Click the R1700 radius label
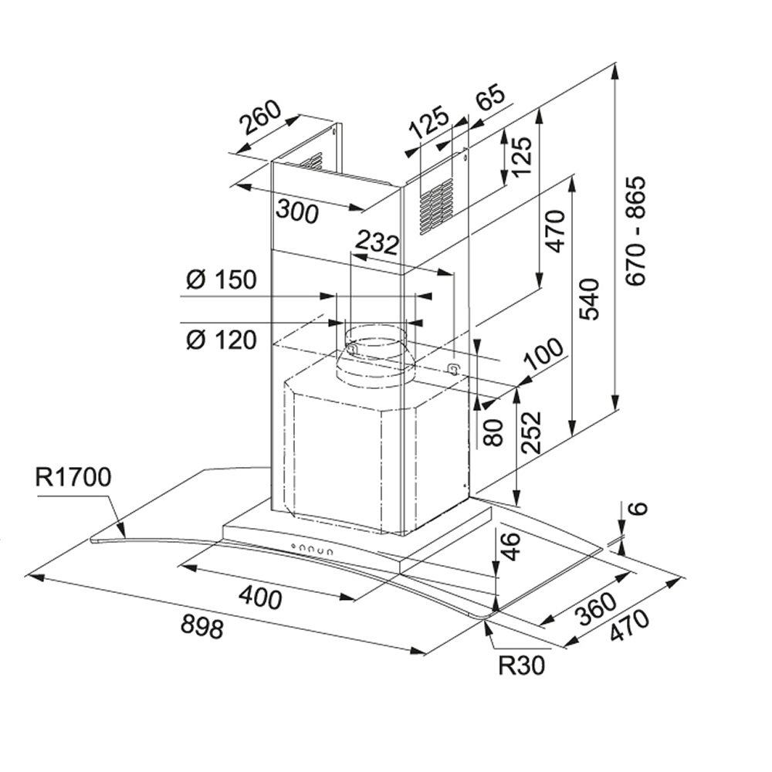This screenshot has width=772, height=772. (x=74, y=477)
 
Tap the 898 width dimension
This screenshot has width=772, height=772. (x=202, y=625)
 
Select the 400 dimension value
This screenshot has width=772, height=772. (x=260, y=597)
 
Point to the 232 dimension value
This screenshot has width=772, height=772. (x=375, y=243)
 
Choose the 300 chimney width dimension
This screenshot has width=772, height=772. (x=297, y=210)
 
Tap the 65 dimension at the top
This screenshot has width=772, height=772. (x=491, y=100)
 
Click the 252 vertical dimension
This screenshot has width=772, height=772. (x=530, y=432)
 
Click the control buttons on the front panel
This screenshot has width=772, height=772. (x=311, y=550)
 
